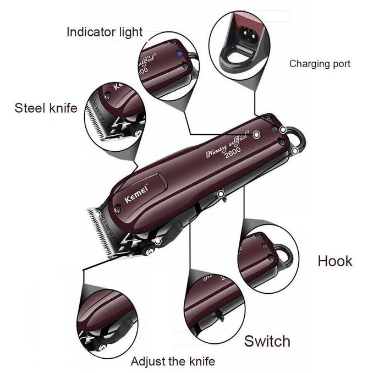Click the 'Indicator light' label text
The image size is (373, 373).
(105, 31)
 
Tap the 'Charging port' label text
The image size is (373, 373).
(320, 64)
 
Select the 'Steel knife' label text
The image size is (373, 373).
(46, 107)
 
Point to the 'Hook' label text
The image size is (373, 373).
(335, 260)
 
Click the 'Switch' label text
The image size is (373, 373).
(267, 341)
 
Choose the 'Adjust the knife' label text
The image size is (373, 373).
(173, 361)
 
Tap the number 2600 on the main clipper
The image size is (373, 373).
(233, 156)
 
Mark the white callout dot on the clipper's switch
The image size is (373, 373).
(220, 193)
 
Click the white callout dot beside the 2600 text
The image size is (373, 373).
(256, 134)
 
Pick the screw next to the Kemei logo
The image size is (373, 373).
(118, 209)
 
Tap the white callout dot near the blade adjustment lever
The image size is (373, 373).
(158, 241)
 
